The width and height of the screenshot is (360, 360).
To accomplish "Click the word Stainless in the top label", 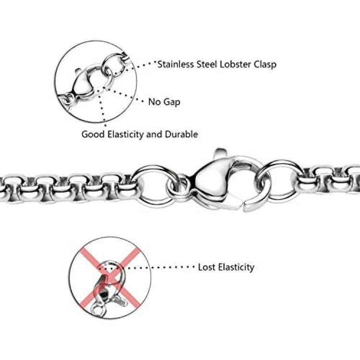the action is [x=176, y=64].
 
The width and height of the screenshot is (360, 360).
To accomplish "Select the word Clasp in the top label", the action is [x=265, y=65].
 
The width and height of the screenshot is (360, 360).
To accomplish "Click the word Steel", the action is [x=207, y=64].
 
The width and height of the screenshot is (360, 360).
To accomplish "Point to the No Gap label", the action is [x=164, y=102].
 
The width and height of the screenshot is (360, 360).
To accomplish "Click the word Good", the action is [x=93, y=134].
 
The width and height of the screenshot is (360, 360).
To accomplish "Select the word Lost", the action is [x=207, y=267].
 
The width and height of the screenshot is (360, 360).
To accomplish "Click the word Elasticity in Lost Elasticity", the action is [x=236, y=267].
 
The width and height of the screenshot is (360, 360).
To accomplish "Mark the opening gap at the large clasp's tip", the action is [x=243, y=203].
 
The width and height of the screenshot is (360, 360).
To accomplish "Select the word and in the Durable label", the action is [x=155, y=134].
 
